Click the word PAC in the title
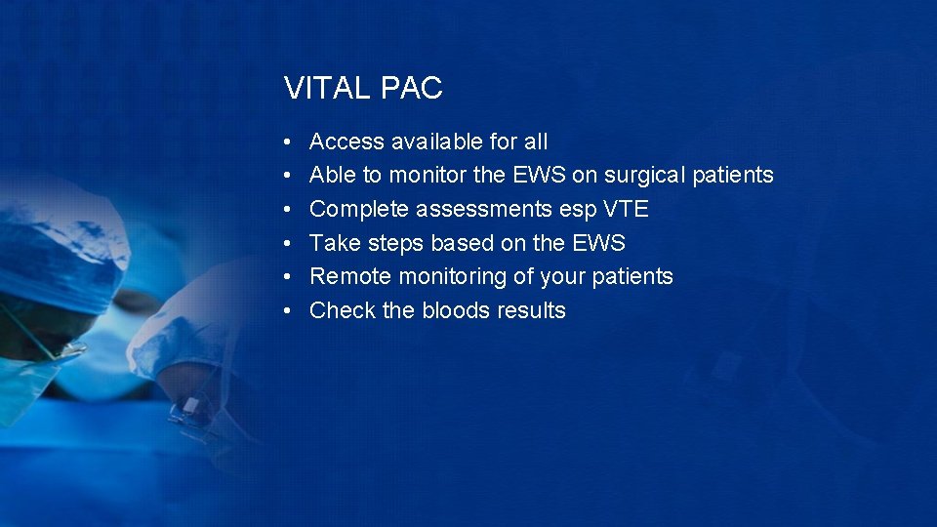point(412,89)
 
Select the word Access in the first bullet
point(346,142)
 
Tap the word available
point(437,142)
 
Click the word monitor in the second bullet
point(425,176)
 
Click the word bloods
point(457,310)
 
